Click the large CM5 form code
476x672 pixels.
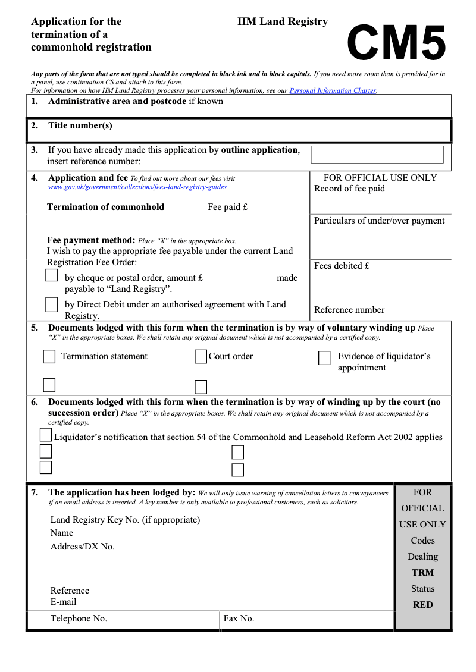[396, 43]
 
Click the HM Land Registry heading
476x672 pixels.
[283, 21]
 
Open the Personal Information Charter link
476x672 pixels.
[333, 90]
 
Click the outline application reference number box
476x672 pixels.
[377, 155]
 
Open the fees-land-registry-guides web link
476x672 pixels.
[137, 187]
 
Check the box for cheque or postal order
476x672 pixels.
[52, 275]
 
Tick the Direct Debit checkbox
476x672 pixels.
[52, 304]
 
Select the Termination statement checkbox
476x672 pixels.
[49, 357]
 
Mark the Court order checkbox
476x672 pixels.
[201, 357]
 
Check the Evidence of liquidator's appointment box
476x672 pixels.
[324, 358]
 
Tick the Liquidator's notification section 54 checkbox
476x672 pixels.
[46, 435]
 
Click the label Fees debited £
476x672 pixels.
[342, 266]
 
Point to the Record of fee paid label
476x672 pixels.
[349, 189]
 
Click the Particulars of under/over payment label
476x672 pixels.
[379, 221]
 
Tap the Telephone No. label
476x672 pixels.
[79, 618]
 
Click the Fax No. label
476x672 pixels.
[239, 618]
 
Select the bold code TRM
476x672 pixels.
[422, 573]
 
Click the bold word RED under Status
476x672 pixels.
[422, 605]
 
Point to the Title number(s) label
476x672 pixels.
[80, 125]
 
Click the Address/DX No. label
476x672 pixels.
[82, 547]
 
